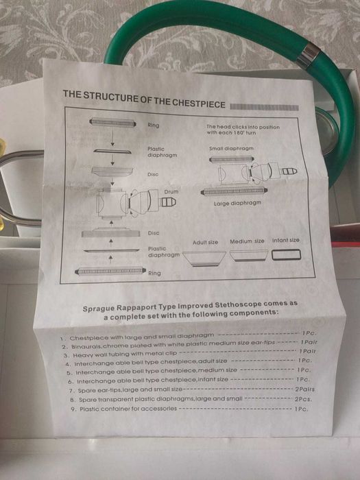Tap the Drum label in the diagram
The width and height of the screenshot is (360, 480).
click(171, 191)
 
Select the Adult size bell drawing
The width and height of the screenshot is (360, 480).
click(204, 259)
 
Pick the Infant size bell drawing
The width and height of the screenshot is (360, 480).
click(286, 254)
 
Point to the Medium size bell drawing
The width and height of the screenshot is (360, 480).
click(248, 256)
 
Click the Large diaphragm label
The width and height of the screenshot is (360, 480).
click(237, 203)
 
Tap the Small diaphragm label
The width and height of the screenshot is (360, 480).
click(231, 149)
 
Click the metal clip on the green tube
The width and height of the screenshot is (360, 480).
click(308, 56)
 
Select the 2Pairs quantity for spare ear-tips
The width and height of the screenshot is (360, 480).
click(304, 389)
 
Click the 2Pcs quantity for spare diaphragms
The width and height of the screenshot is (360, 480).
click(303, 399)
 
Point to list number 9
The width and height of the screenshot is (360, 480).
click(73, 409)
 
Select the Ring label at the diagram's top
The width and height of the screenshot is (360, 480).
click(154, 125)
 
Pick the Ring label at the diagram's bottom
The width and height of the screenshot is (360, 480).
click(154, 273)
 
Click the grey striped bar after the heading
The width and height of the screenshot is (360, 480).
click(264, 107)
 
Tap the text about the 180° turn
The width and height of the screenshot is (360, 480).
click(243, 130)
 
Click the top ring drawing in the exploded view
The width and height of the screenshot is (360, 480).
click(112, 123)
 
